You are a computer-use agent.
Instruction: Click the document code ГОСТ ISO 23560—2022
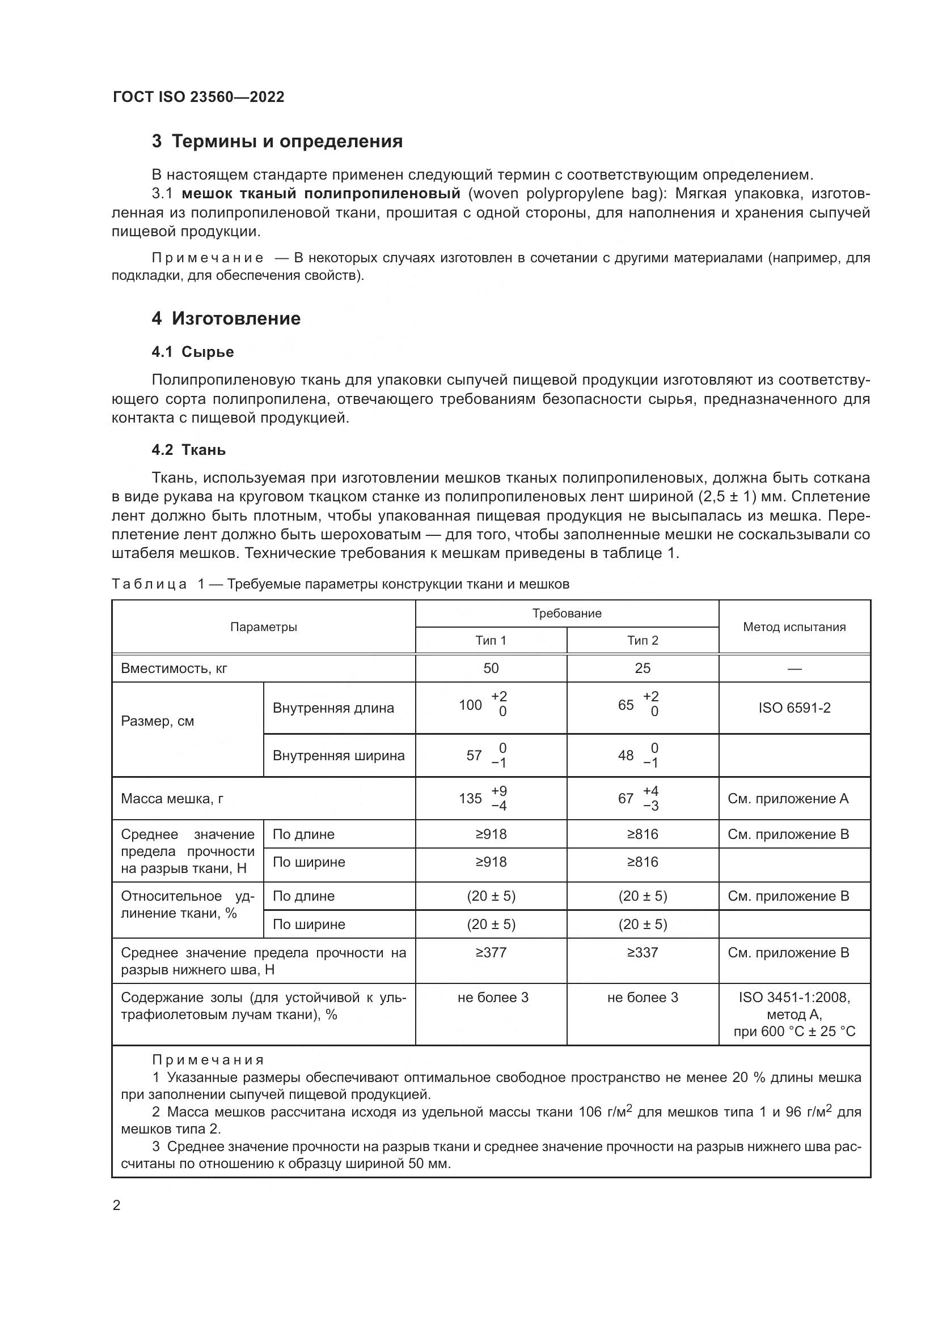click(x=198, y=97)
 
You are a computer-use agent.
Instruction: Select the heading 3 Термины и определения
click(x=277, y=142)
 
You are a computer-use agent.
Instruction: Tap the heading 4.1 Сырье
click(x=193, y=351)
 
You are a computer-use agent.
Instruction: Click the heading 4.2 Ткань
click(x=189, y=450)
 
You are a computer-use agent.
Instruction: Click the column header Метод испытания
click(x=794, y=627)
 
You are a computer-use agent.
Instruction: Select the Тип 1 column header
click(x=491, y=640)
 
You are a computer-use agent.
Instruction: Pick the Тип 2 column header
click(x=643, y=640)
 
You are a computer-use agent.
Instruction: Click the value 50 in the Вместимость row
click(x=491, y=668)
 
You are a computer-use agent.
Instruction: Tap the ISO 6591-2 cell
click(x=794, y=708)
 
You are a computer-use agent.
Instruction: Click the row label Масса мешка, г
click(x=172, y=799)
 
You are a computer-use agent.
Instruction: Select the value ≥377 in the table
click(x=491, y=952)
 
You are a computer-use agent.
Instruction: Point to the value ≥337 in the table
click(x=643, y=952)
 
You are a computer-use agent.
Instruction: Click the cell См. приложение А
click(x=788, y=799)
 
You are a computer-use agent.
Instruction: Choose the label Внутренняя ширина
click(x=339, y=756)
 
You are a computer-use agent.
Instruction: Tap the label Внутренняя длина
click(x=333, y=708)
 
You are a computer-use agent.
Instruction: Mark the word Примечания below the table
click(x=209, y=1059)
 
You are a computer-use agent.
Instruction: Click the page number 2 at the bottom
click(x=117, y=1205)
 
